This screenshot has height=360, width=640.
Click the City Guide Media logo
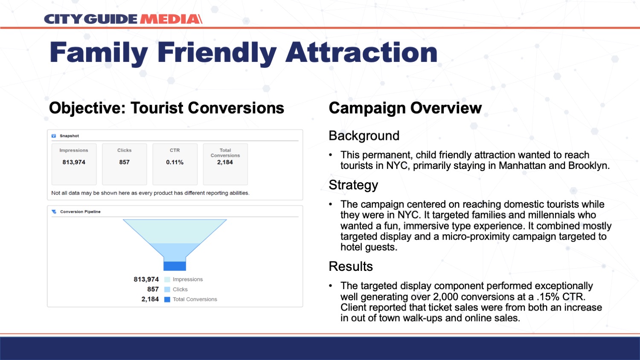click(123, 19)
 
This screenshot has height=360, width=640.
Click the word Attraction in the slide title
click(361, 52)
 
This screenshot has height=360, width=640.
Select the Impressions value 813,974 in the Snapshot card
click(74, 162)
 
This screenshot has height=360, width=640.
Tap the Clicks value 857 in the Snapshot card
click(124, 162)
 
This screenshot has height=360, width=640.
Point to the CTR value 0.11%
click(175, 162)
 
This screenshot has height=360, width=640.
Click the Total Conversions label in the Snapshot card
click(225, 153)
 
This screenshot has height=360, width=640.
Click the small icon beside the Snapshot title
click(54, 136)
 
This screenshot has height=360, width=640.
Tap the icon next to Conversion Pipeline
click(54, 212)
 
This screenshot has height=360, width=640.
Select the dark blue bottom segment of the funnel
click(175, 266)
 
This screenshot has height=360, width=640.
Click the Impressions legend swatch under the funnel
click(167, 279)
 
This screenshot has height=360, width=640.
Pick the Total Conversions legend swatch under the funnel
click(167, 299)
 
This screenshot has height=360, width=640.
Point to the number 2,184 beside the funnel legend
click(150, 299)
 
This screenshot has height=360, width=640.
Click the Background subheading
click(364, 136)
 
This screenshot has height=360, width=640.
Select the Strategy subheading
click(353, 185)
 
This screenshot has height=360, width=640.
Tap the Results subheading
click(351, 266)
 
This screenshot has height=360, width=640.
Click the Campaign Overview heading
click(405, 108)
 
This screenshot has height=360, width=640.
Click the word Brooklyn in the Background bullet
click(589, 166)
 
